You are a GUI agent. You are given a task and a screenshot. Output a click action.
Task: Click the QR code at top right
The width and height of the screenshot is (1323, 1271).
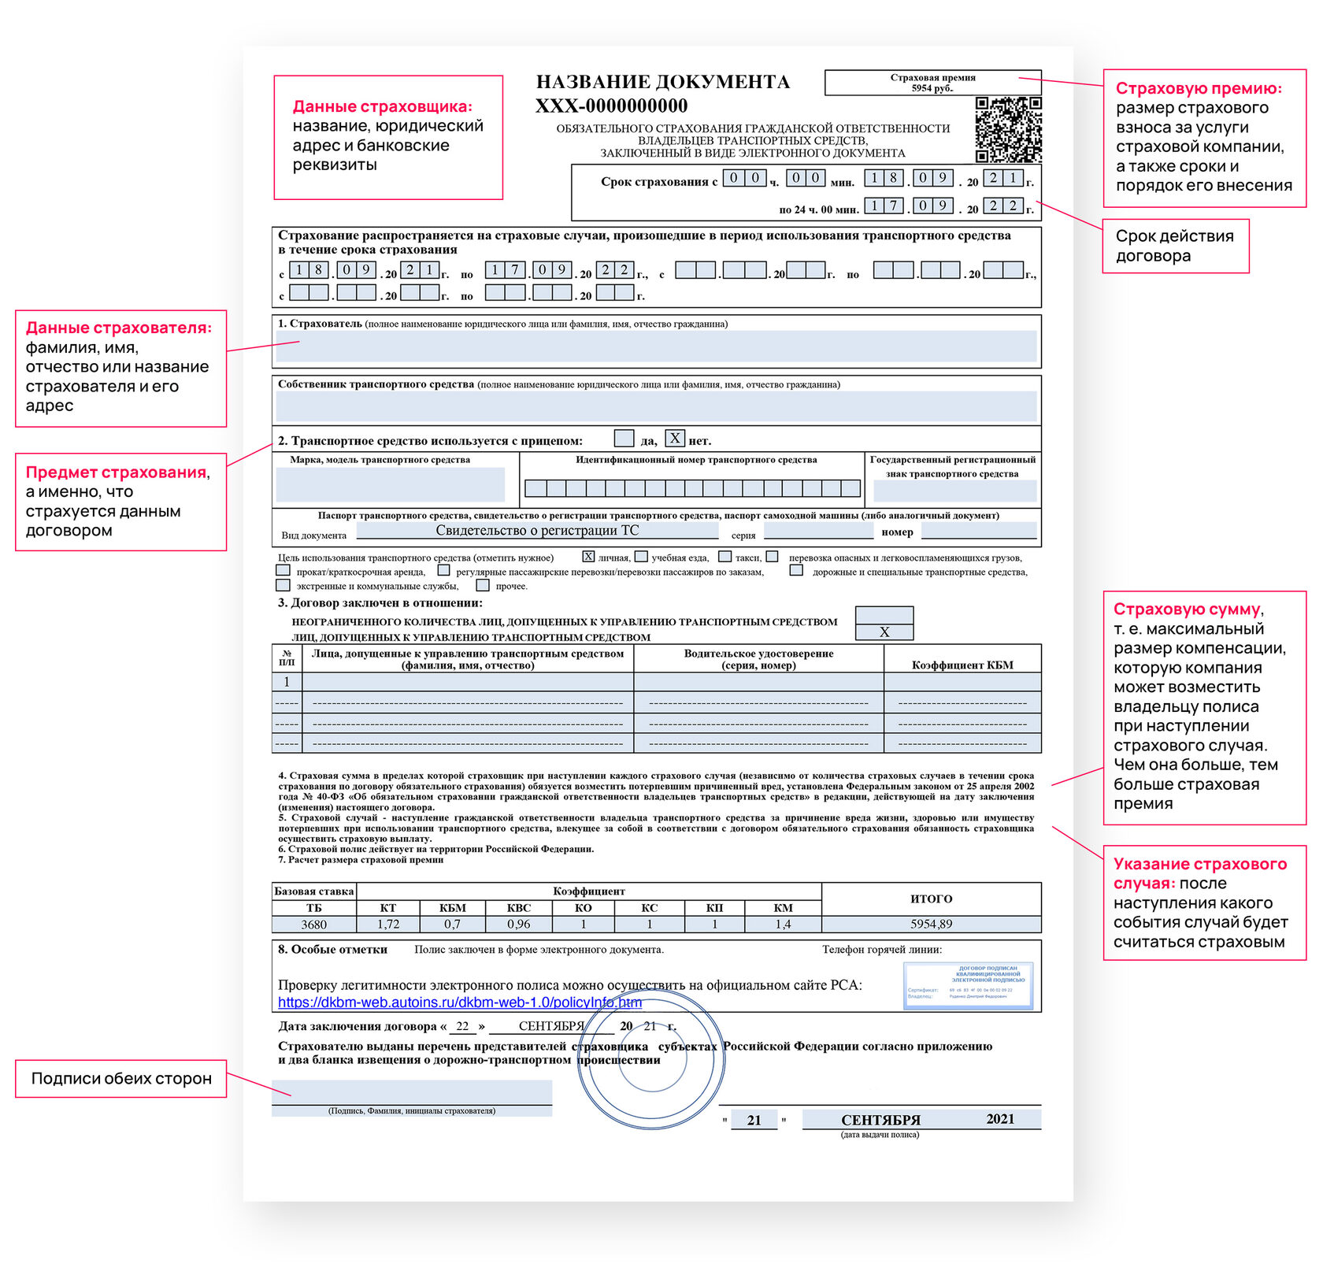(1008, 130)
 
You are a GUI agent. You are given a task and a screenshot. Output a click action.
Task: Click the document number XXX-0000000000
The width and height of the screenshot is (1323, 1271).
(611, 106)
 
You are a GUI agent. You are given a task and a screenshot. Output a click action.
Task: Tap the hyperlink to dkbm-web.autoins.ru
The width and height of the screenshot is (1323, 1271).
(460, 1002)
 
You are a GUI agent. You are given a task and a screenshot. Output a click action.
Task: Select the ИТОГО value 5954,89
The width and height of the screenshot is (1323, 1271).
(931, 925)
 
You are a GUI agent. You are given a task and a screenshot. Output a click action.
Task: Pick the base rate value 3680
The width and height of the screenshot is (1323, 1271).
(313, 925)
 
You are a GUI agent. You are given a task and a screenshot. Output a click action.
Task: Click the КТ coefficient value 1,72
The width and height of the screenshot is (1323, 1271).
(388, 925)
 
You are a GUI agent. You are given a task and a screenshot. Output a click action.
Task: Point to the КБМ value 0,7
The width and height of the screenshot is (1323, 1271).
(452, 925)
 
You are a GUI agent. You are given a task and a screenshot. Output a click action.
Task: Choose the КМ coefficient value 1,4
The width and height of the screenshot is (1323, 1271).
(783, 925)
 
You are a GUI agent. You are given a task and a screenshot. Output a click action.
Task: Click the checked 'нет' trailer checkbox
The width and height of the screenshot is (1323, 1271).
(675, 439)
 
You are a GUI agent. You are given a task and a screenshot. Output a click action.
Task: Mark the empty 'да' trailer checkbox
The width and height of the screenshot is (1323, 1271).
(624, 439)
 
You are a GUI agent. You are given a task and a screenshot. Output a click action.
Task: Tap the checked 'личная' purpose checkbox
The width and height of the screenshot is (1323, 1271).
(588, 557)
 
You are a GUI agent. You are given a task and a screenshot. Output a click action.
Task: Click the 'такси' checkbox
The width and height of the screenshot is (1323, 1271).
(724, 557)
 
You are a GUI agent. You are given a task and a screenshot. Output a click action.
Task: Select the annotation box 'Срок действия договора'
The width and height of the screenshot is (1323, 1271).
(1176, 246)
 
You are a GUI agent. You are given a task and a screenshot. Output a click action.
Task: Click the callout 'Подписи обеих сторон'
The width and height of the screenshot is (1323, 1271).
(121, 1079)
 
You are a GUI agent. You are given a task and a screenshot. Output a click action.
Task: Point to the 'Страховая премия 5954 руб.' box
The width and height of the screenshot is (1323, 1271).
(932, 83)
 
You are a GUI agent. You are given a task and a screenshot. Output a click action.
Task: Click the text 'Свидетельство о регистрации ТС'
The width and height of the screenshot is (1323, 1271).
(537, 531)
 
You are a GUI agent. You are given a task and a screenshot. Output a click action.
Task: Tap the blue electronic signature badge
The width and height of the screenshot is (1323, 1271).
(968, 985)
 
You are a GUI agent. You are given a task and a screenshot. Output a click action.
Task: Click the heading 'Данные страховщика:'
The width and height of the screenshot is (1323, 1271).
(383, 107)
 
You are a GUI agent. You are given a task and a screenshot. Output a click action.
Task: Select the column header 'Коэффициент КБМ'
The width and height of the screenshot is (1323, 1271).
(962, 665)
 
